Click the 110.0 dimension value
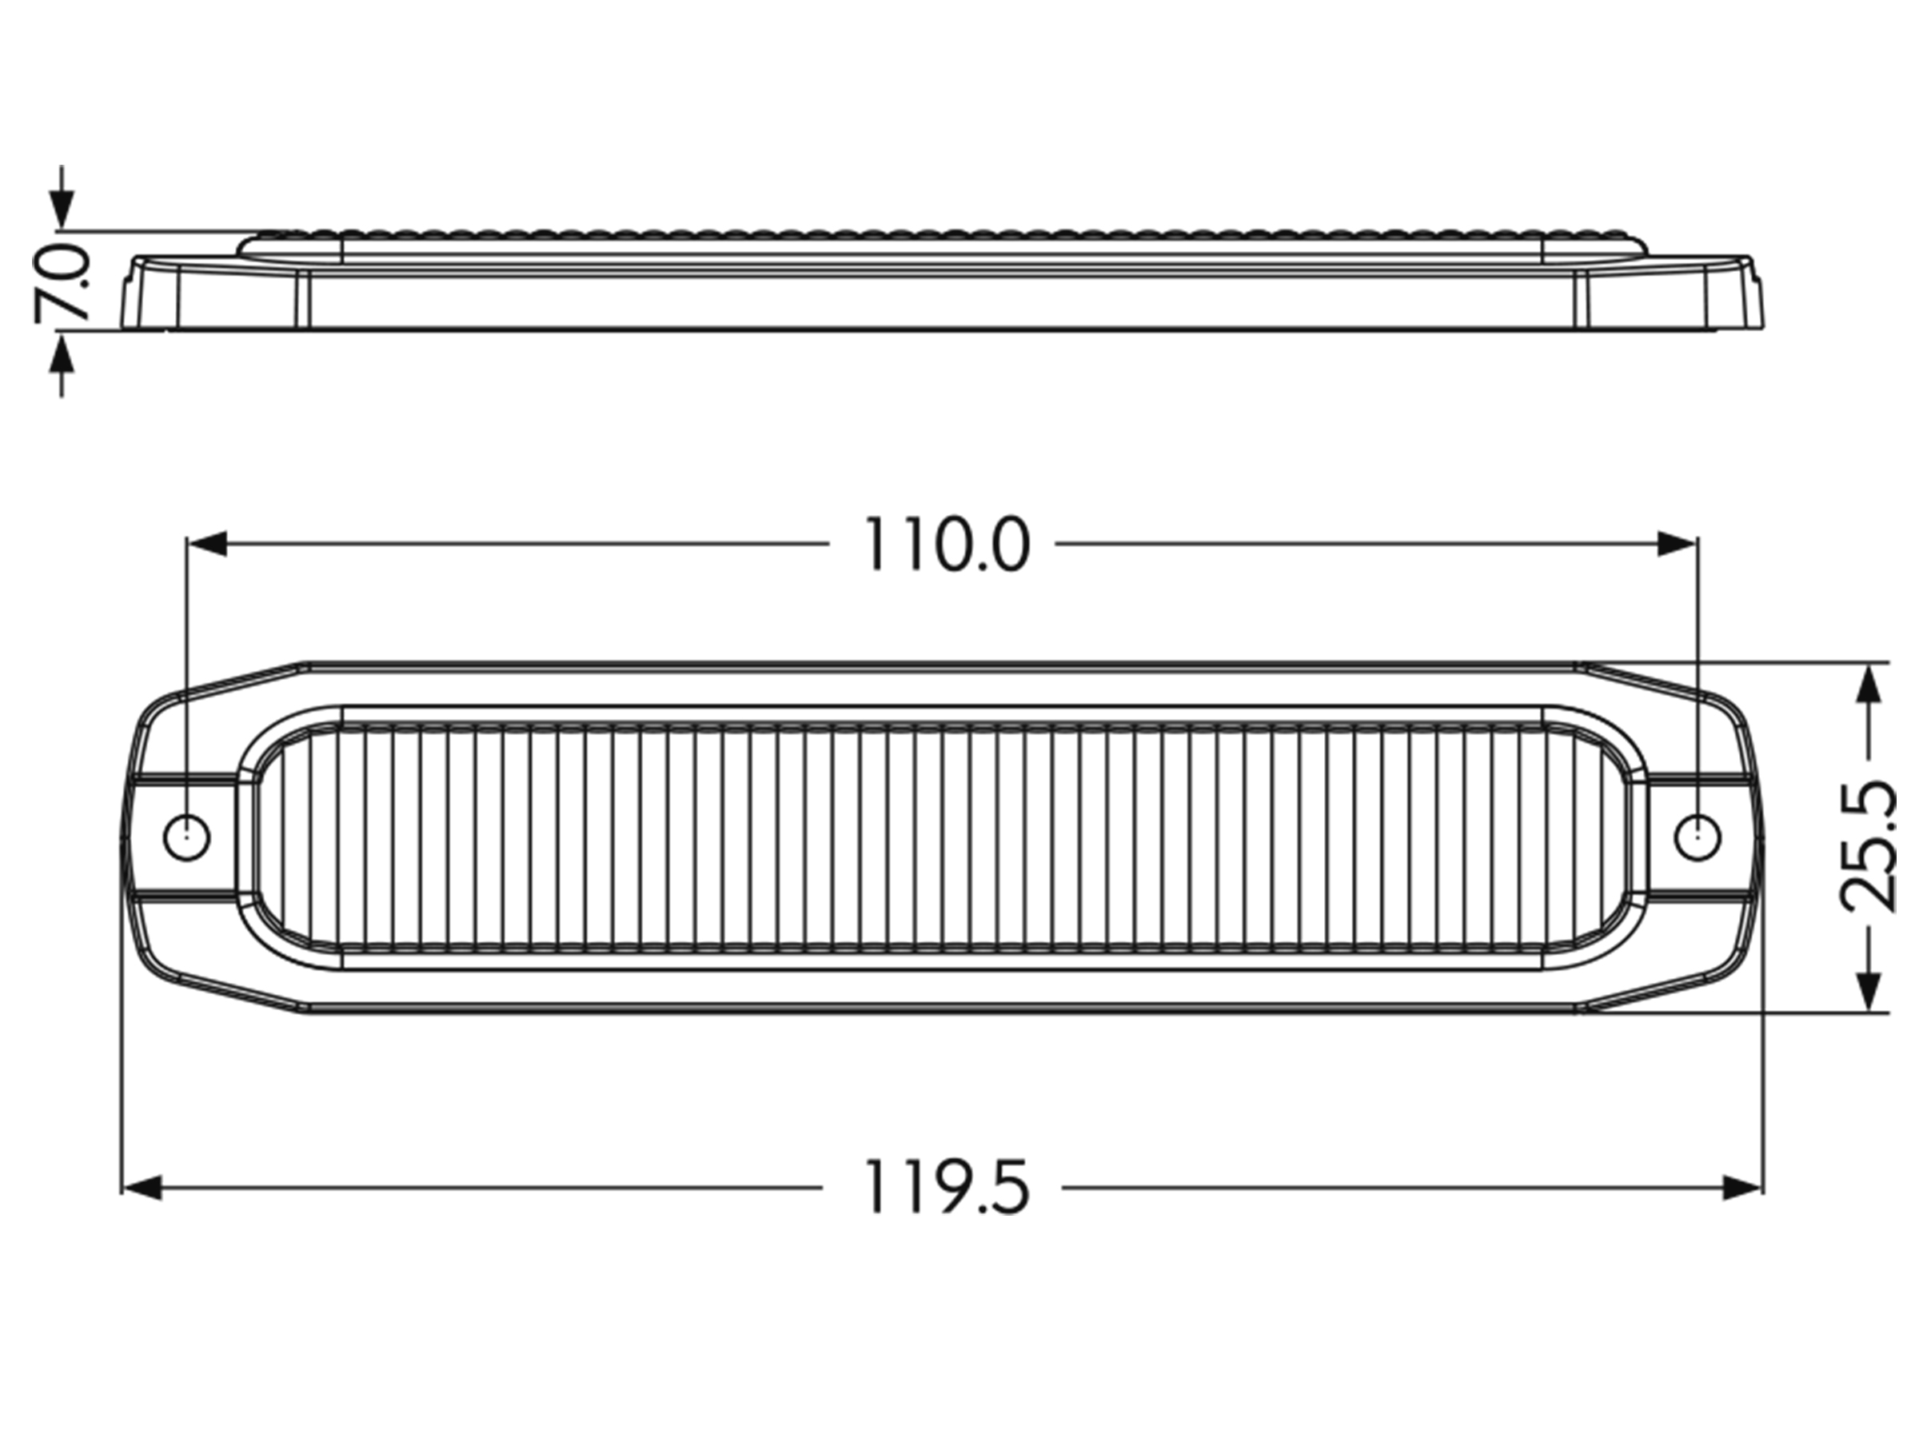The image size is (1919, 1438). [947, 545]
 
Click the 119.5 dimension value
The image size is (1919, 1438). [947, 1188]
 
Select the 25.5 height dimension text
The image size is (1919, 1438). [1868, 845]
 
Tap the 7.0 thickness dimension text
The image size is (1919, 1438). [62, 283]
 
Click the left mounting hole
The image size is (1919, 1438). [186, 837]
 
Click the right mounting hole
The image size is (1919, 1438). [1697, 837]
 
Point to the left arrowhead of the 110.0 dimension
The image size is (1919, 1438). [206, 544]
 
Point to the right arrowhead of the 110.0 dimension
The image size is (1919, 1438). [1676, 544]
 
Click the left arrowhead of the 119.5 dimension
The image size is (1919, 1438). [142, 1188]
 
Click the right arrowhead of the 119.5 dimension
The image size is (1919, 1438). [1743, 1188]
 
